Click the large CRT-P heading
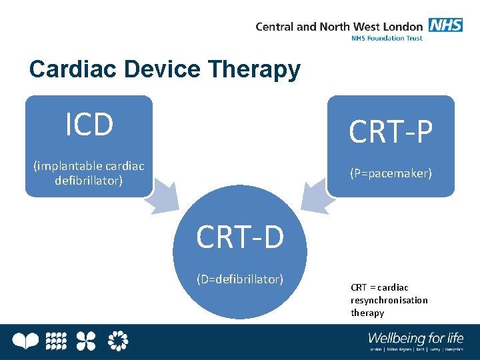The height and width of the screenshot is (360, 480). pyautogui.click(x=391, y=133)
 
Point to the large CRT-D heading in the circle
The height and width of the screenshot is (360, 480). pyautogui.click(x=240, y=237)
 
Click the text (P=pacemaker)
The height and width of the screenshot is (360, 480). pyautogui.click(x=391, y=173)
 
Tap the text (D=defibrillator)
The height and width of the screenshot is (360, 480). pyautogui.click(x=240, y=278)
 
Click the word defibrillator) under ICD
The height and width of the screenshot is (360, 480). pyautogui.click(x=89, y=180)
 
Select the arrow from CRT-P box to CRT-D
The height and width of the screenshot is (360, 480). pyautogui.click(x=313, y=199)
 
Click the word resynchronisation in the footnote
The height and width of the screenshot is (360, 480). pyautogui.click(x=389, y=300)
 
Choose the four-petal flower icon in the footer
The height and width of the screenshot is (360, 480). pyautogui.click(x=86, y=341)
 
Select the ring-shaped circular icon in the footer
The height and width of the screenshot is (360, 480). pyautogui.click(x=117, y=341)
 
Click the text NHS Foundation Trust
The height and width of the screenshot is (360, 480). pyautogui.click(x=387, y=38)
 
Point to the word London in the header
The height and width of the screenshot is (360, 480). pyautogui.click(x=403, y=27)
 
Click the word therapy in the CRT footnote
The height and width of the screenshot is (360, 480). pyautogui.click(x=367, y=313)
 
